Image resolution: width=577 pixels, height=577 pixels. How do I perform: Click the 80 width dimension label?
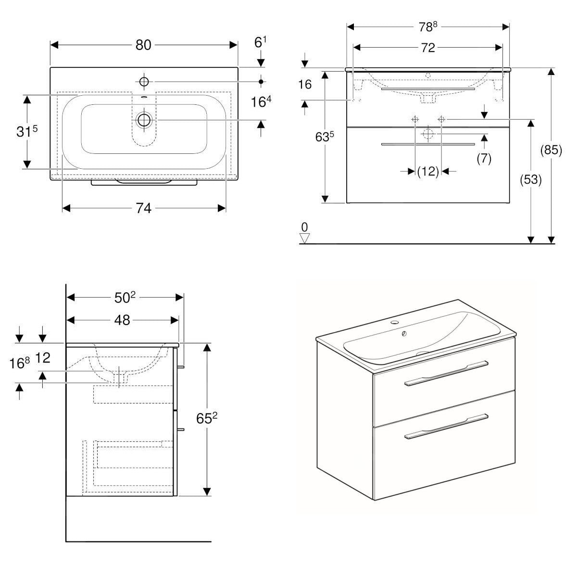tap(143, 45)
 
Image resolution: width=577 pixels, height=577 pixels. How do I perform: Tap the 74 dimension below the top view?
tap(143, 208)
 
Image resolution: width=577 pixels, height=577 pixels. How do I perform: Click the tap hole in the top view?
tap(144, 81)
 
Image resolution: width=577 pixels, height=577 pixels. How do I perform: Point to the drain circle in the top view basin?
tap(143, 119)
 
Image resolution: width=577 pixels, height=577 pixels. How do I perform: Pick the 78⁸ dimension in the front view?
tap(427, 27)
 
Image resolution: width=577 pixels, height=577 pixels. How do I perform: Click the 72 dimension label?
tap(427, 47)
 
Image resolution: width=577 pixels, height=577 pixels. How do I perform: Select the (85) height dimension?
tap(551, 150)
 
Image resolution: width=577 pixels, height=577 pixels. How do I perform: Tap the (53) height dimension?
tap(531, 179)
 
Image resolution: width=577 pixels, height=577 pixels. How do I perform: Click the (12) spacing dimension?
tap(428, 171)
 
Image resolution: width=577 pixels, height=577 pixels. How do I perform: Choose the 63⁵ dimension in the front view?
tap(325, 137)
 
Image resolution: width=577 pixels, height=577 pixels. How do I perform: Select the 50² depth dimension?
tap(125, 298)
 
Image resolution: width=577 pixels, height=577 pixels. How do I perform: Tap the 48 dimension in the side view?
tap(123, 320)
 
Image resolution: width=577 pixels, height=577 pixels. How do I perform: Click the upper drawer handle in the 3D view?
tap(446, 373)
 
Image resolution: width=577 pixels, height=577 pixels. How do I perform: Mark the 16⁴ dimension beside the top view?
tap(262, 102)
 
